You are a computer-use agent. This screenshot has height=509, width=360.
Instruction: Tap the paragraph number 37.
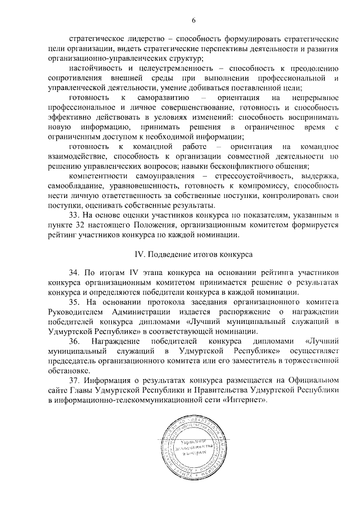74,382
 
